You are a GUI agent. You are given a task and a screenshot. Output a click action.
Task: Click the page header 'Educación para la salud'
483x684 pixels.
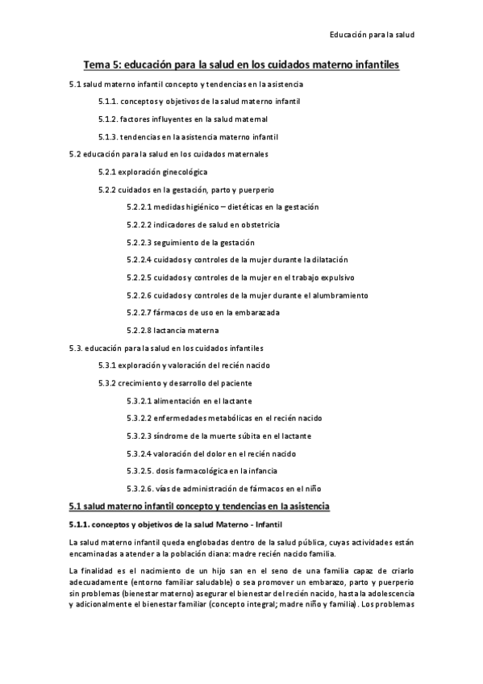(372, 35)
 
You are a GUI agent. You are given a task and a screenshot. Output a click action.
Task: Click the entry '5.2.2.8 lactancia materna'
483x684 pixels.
(173, 330)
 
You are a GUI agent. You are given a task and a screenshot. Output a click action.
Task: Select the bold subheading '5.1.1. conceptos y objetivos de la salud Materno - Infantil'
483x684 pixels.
(173, 524)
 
